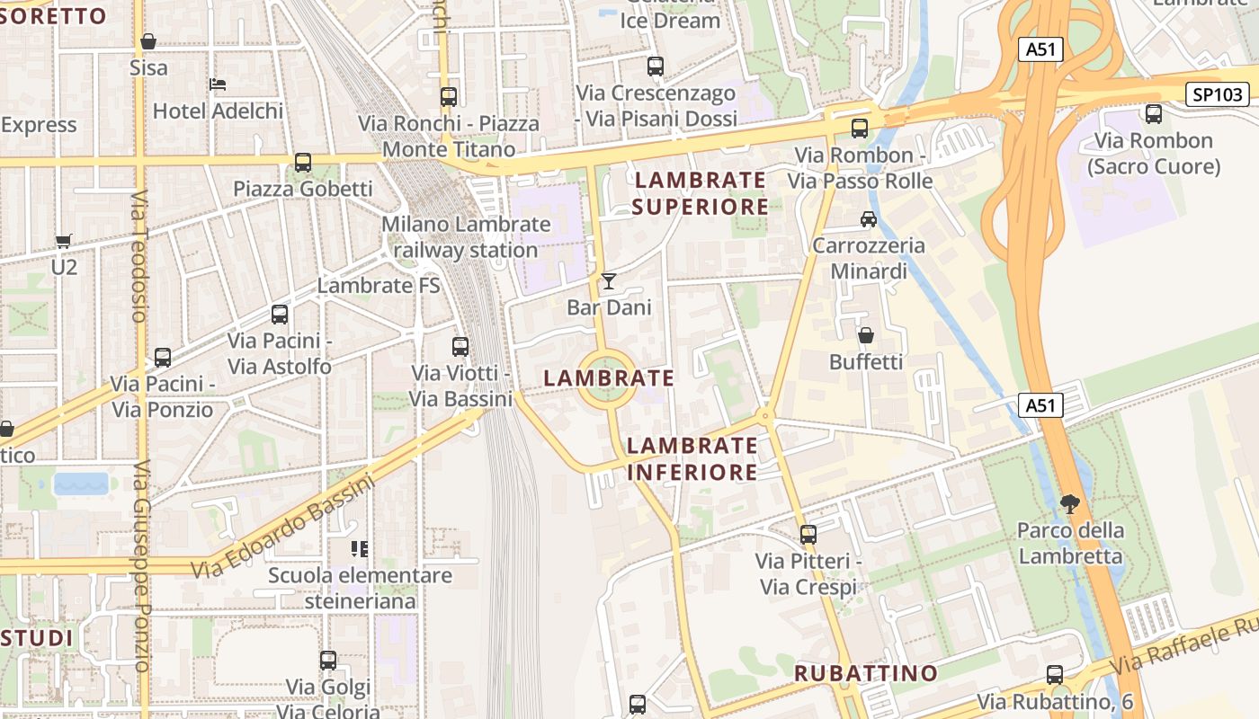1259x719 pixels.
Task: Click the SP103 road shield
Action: (x=1218, y=94)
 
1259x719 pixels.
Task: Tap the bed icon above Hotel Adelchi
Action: (x=218, y=84)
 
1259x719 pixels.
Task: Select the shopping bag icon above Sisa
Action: (x=148, y=41)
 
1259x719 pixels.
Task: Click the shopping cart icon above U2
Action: (x=63, y=241)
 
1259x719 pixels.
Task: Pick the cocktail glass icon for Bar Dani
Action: (x=609, y=281)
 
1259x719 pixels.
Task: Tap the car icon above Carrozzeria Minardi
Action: (x=868, y=218)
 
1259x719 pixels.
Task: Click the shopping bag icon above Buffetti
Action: (x=865, y=335)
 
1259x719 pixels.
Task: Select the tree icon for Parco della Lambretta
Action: (x=1069, y=503)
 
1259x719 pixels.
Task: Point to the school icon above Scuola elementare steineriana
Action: (x=360, y=548)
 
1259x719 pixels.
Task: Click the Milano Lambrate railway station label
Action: (x=466, y=237)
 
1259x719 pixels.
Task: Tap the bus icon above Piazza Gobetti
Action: (x=303, y=163)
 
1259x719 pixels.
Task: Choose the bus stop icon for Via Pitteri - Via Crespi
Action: (x=808, y=535)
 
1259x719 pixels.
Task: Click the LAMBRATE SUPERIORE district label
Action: (x=700, y=193)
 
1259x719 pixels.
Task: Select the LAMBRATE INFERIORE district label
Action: (x=692, y=458)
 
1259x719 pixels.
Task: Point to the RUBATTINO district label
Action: (x=865, y=673)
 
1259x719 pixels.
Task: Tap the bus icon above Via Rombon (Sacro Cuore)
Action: (x=1153, y=114)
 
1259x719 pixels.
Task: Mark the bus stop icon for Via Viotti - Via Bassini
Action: (x=460, y=347)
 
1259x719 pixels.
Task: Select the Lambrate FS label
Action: (x=379, y=286)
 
